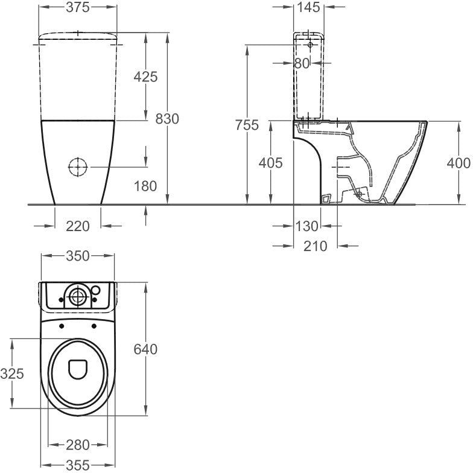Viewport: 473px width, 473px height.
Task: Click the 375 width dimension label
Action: [78, 7]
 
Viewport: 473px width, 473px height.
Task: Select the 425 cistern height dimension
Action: [145, 77]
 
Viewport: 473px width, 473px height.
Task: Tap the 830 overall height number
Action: [167, 119]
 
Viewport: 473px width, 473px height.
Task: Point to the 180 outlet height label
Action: [145, 186]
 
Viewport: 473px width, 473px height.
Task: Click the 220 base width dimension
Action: [78, 226]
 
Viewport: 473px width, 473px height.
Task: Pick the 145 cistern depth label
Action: [309, 7]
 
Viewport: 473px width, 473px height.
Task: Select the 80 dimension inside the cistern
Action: [302, 63]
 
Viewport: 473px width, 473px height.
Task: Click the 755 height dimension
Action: [247, 125]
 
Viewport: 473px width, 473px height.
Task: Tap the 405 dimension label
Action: [270, 163]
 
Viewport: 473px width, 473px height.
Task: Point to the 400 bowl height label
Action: [459, 163]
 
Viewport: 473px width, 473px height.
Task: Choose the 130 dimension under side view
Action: [306, 226]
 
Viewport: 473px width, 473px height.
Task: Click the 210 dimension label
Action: [315, 246]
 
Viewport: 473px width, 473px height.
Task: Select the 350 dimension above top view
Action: [78, 256]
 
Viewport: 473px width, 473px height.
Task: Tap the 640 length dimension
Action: [145, 349]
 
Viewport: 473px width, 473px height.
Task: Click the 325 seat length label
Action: [12, 374]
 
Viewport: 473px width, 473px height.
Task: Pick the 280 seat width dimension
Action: [78, 445]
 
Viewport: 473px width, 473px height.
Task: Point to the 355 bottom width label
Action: [78, 465]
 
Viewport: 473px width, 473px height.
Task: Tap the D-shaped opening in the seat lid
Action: [78, 369]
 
